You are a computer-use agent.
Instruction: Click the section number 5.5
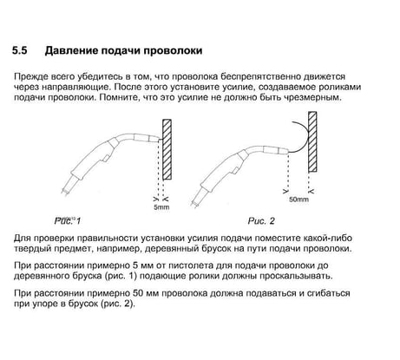pyautogui.click(x=19, y=50)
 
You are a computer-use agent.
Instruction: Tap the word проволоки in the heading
pyautogui.click(x=173, y=51)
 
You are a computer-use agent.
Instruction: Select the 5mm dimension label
pyautogui.click(x=161, y=207)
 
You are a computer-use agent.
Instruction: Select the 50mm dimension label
pyautogui.click(x=298, y=200)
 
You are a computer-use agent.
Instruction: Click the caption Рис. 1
pyautogui.click(x=68, y=221)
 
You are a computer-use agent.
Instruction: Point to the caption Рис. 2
pyautogui.click(x=261, y=221)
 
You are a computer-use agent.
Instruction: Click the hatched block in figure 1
pyautogui.click(x=167, y=149)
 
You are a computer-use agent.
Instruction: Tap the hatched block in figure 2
pyautogui.click(x=312, y=142)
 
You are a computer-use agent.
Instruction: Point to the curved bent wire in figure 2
pyautogui.click(x=307, y=137)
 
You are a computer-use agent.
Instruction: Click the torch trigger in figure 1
pyautogui.click(x=106, y=158)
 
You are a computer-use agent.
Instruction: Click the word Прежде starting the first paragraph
pyautogui.click(x=30, y=77)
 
